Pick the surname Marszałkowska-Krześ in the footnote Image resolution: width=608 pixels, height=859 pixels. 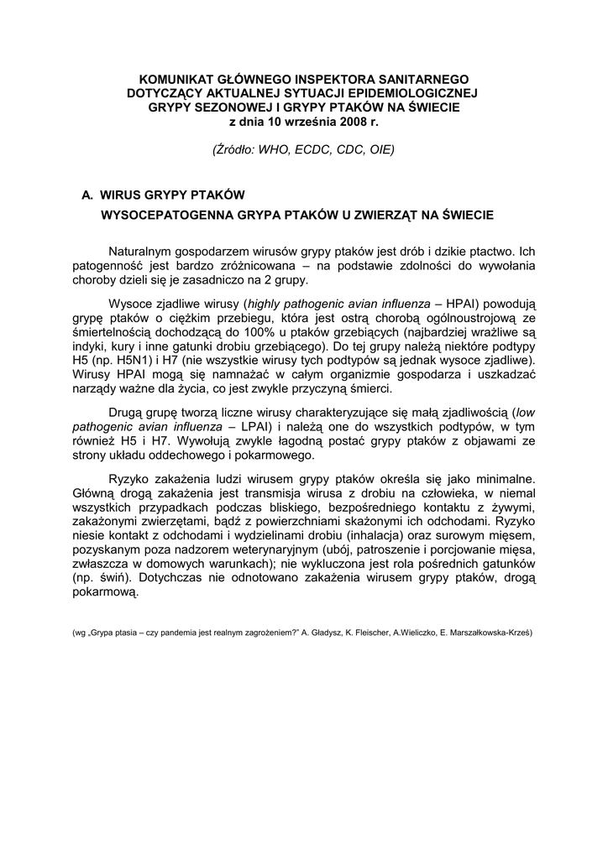tap(490, 633)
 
